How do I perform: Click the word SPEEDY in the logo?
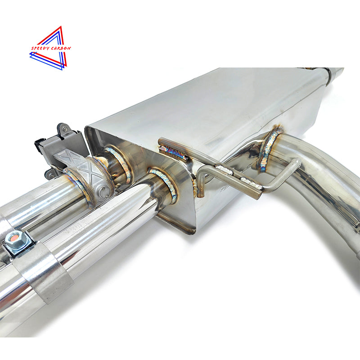[x=40, y=48]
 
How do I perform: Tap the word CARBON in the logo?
[x=61, y=48]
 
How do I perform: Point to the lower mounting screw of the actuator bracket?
[x=51, y=174]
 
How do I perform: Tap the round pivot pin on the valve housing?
[x=105, y=191]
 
